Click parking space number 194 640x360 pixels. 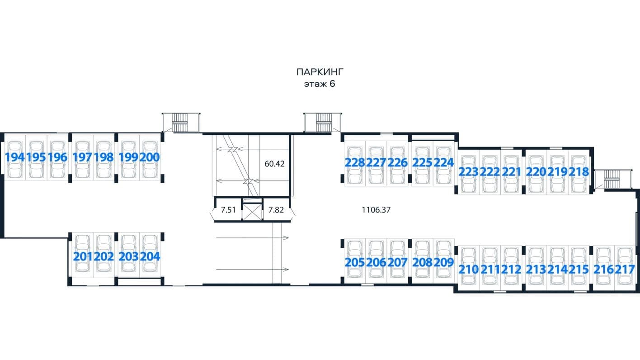(x=15, y=157)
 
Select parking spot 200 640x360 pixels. (x=150, y=157)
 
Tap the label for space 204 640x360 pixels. (x=150, y=256)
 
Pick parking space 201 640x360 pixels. (x=83, y=256)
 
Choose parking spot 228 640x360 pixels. (x=355, y=162)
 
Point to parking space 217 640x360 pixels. (x=625, y=269)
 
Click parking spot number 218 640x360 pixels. (x=579, y=171)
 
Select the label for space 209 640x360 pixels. (x=444, y=262)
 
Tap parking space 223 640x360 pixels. (x=469, y=172)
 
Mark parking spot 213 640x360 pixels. (x=536, y=269)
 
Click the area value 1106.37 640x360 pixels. (x=376, y=210)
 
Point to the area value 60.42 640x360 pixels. (x=274, y=164)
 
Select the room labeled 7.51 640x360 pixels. (x=228, y=210)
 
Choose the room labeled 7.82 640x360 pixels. (x=276, y=210)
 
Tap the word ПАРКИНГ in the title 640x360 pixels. (x=320, y=72)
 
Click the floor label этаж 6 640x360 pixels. (x=320, y=84)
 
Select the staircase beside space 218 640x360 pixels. (x=613, y=179)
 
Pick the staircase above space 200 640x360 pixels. (x=181, y=123)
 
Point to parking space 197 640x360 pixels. (x=82, y=157)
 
